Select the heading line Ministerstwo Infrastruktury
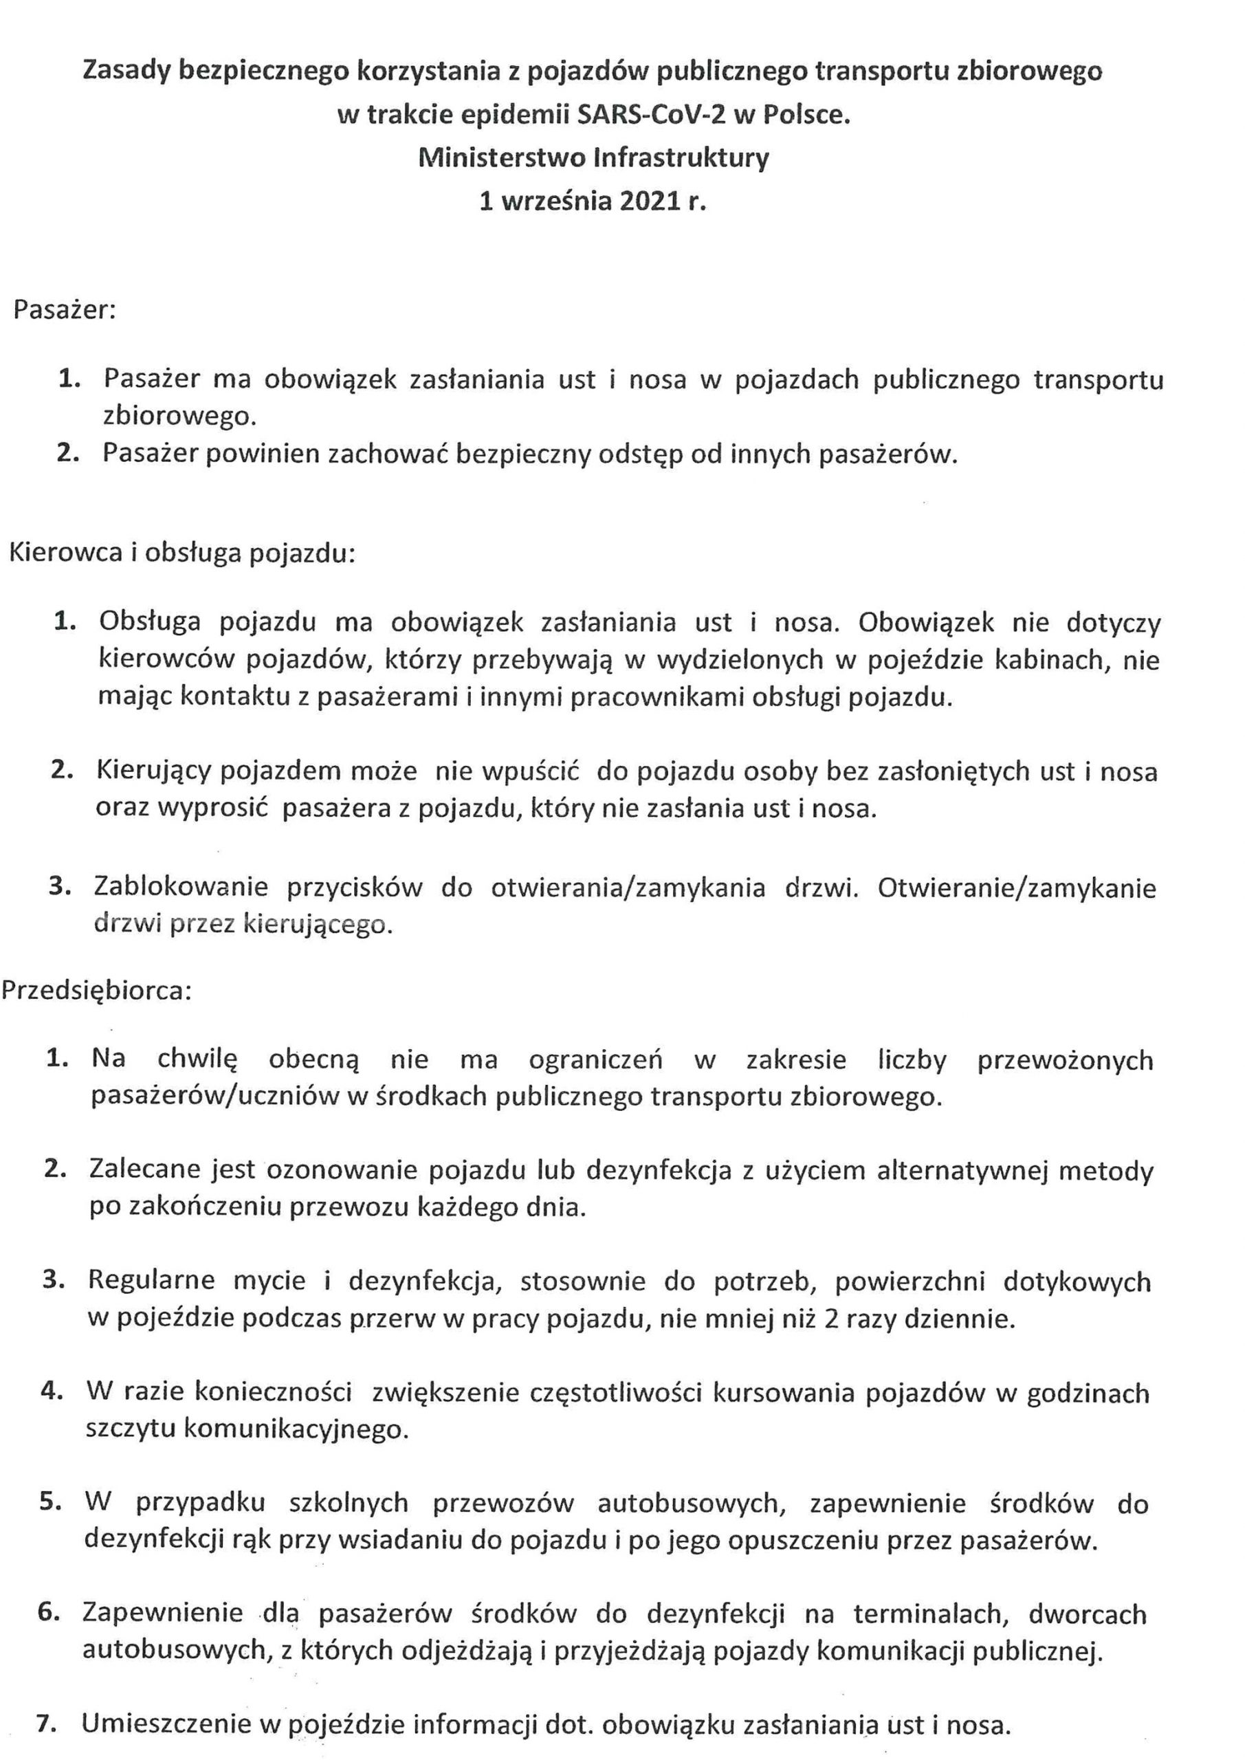(x=594, y=158)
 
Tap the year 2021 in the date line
(x=650, y=201)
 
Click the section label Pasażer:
(x=65, y=311)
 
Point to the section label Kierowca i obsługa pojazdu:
(x=182, y=553)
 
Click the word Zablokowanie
(x=181, y=887)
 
